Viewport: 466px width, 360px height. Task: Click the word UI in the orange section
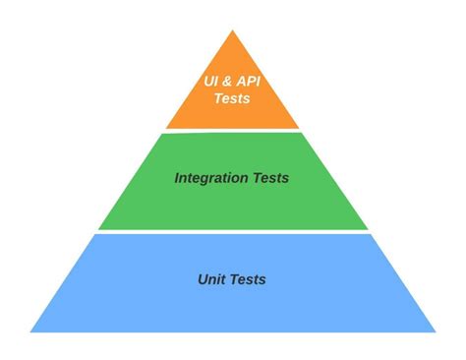pyautogui.click(x=209, y=81)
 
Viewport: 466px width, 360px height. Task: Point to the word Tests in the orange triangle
pyautogui.click(x=232, y=98)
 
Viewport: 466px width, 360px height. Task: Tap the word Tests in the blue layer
pyautogui.click(x=249, y=279)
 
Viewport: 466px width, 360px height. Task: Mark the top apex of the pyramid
pyautogui.click(x=233, y=30)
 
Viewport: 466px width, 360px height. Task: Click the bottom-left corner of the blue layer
pyautogui.click(x=31, y=331)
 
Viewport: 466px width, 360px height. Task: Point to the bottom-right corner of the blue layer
pyautogui.click(x=435, y=331)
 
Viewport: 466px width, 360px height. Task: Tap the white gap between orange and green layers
pyautogui.click(x=233, y=130)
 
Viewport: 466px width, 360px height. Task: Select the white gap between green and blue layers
pyautogui.click(x=233, y=231)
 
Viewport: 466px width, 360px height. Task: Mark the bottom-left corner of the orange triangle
pyautogui.click(x=166, y=127)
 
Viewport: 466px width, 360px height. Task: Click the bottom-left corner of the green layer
pyautogui.click(x=99, y=228)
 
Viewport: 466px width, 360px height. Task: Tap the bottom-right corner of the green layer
pyautogui.click(x=367, y=228)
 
